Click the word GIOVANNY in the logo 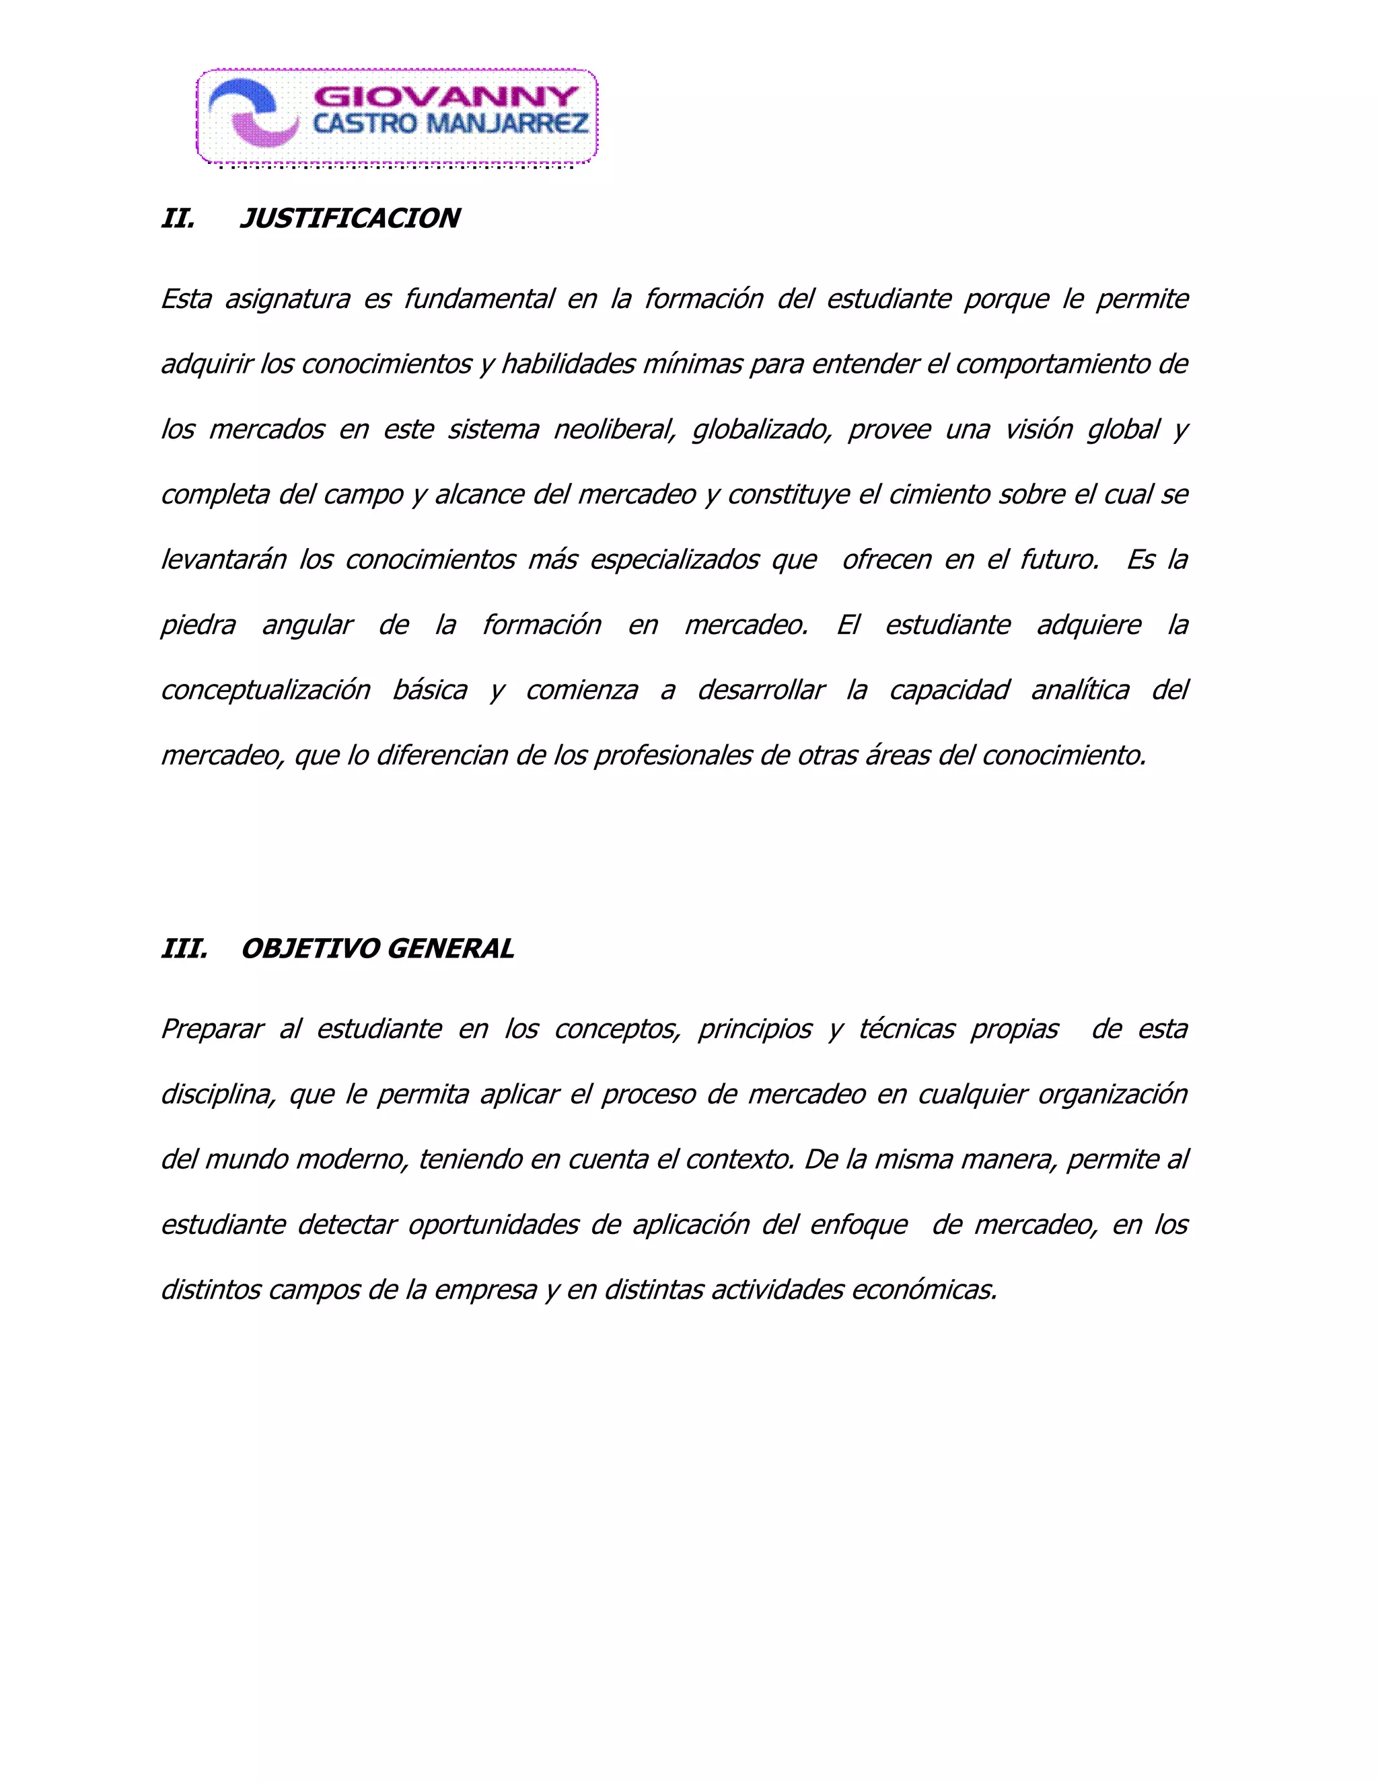point(445,97)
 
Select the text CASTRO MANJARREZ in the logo point(451,124)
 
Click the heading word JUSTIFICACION point(350,219)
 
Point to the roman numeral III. point(184,949)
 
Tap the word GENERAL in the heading point(450,949)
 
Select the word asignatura point(287,299)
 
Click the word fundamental point(479,299)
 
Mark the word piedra point(198,625)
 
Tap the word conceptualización point(265,691)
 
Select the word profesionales point(674,756)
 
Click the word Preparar point(212,1029)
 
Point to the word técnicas point(906,1029)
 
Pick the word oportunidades point(493,1225)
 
